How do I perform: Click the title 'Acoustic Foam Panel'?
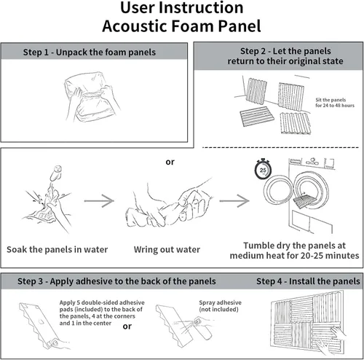pos(181,26)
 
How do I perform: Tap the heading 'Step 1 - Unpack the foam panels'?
pos(90,52)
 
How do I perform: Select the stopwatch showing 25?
pos(263,169)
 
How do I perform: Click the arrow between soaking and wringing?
pos(99,200)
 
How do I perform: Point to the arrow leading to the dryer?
pos(234,200)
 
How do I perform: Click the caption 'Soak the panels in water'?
pos(58,249)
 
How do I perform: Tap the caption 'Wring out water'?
pos(167,249)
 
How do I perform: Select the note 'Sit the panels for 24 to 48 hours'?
pos(335,103)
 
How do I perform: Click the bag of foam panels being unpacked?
pos(91,97)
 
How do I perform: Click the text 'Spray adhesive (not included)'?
pos(220,306)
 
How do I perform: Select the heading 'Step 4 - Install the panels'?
pos(308,281)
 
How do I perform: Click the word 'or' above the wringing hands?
pos(170,162)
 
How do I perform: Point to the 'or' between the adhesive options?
pos(127,326)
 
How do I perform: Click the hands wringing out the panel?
pos(170,204)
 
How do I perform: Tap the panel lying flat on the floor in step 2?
pos(257,117)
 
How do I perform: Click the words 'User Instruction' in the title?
pos(181,7)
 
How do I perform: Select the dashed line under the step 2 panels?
pos(280,147)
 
